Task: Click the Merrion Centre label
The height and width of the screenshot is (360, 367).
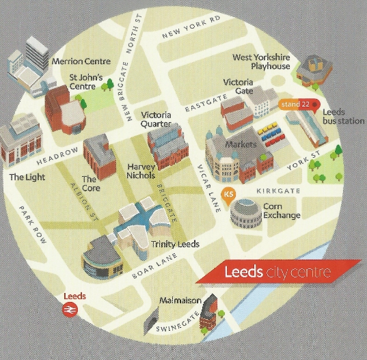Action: click(81, 61)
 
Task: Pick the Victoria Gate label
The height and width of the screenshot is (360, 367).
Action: click(239, 87)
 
